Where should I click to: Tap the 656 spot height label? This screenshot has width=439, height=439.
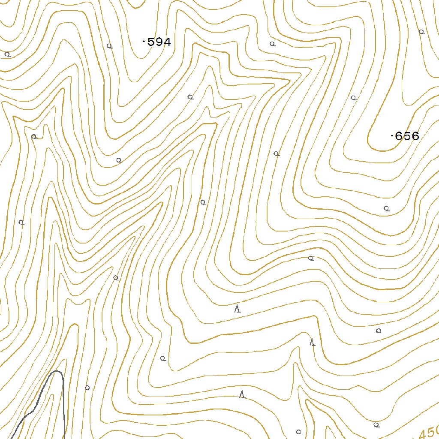pos(406,136)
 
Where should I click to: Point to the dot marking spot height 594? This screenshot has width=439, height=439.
pos(143,42)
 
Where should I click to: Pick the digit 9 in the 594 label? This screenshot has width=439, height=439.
pos(159,42)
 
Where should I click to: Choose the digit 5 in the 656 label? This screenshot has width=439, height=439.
pos(406,136)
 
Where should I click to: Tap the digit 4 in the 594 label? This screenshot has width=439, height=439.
pos(167,42)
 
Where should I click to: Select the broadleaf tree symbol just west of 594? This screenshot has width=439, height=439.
pos(109,46)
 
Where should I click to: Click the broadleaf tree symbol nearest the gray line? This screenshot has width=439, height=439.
pos(87,388)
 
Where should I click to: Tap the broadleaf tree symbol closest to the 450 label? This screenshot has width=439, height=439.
pos(376,425)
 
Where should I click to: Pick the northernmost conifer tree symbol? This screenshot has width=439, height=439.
pos(237,309)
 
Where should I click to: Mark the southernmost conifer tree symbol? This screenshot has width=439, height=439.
pos(242,394)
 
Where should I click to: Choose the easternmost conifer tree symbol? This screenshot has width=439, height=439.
pos(313,342)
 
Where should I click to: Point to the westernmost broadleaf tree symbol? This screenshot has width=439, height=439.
pos(7,54)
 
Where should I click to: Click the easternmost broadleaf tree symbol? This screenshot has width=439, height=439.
pos(421,32)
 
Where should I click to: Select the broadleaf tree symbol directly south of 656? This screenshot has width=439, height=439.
pos(386,208)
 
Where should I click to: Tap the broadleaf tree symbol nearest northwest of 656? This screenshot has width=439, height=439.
pos(354,98)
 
